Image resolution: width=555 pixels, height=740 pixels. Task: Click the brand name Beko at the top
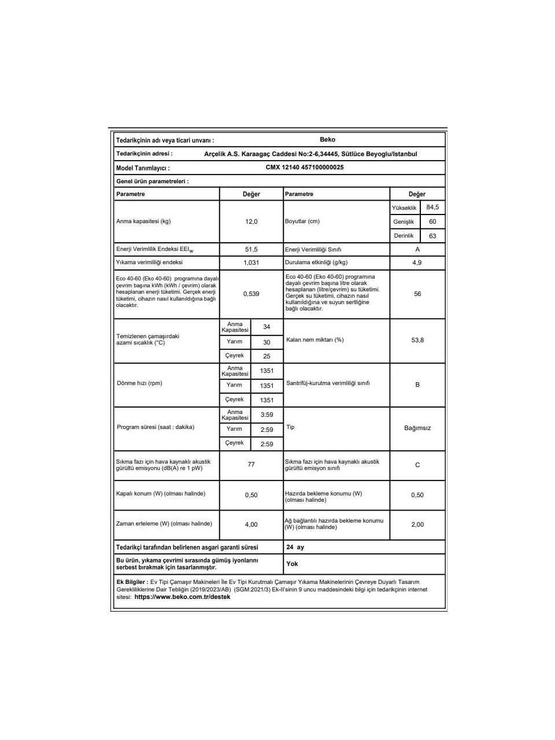tap(327, 139)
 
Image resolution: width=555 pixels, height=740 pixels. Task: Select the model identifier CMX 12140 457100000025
tap(305, 167)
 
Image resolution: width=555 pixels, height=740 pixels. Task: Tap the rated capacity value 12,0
tap(251, 221)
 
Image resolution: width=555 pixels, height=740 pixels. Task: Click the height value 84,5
tap(432, 207)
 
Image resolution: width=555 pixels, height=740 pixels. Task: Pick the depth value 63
tap(432, 236)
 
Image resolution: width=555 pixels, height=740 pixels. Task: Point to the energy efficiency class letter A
tap(417, 249)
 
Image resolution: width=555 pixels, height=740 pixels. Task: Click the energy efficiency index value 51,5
tap(251, 249)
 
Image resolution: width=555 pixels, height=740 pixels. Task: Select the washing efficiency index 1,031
tap(251, 262)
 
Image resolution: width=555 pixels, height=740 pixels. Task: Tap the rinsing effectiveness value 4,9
tap(417, 262)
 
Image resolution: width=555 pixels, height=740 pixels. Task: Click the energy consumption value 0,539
tap(251, 294)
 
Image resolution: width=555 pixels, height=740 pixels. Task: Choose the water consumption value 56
tap(417, 294)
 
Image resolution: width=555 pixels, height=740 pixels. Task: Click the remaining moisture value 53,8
tap(417, 340)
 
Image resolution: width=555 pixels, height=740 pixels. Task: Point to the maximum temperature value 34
tap(267, 327)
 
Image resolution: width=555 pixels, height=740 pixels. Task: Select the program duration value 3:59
tap(267, 415)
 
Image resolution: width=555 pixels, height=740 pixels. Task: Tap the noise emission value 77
tap(251, 464)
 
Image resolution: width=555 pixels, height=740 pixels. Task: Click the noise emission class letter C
tap(417, 465)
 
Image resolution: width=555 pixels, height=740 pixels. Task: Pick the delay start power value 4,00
tap(251, 524)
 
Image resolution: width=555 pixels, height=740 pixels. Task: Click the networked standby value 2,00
tap(417, 524)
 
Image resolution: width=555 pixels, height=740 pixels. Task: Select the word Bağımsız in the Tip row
tap(417, 428)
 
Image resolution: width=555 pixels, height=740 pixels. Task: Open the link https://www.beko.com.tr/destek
tap(182, 597)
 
